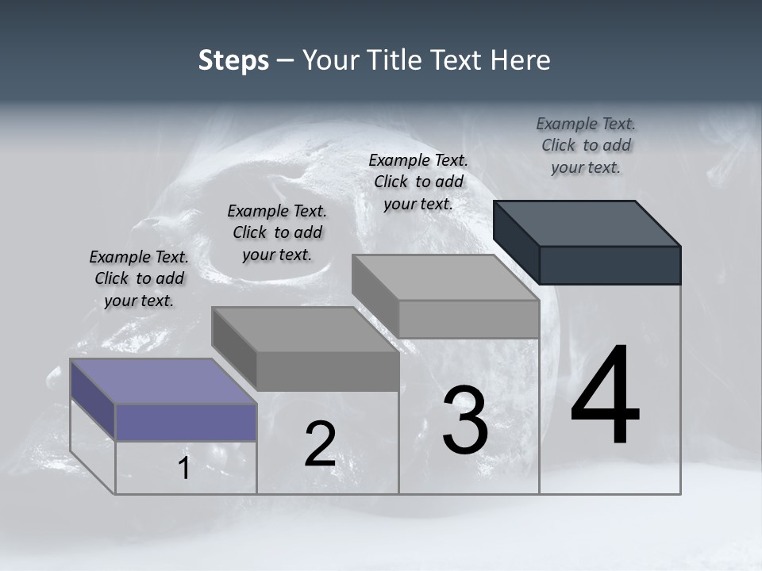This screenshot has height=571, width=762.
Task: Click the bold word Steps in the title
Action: tap(233, 60)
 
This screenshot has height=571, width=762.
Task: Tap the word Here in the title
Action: tap(521, 60)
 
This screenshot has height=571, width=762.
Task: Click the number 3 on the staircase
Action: tap(464, 420)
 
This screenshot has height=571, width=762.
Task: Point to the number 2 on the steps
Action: tap(320, 444)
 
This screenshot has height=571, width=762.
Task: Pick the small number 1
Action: tap(184, 469)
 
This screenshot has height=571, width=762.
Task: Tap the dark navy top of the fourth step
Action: tap(587, 223)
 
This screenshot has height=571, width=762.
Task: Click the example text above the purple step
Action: tap(139, 278)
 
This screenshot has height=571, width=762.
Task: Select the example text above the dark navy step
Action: tap(586, 145)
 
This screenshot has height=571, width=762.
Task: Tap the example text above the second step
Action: tap(277, 232)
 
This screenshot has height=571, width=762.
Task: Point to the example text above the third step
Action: tap(418, 182)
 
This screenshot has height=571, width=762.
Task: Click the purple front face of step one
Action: tap(186, 422)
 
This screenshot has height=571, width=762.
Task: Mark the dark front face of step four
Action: tap(610, 265)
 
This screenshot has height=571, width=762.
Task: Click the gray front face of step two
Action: tap(327, 371)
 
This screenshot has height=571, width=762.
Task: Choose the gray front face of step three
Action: tap(468, 319)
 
